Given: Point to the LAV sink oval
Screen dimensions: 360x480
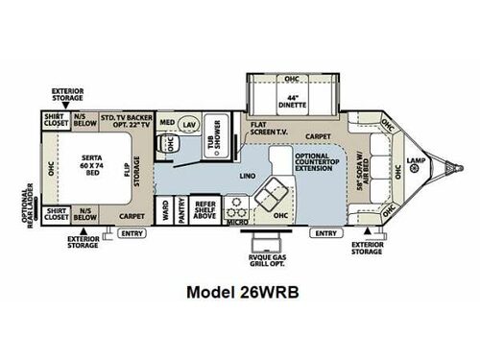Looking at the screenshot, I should click(189, 124).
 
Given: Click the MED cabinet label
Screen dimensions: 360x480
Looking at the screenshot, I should click(167, 124).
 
